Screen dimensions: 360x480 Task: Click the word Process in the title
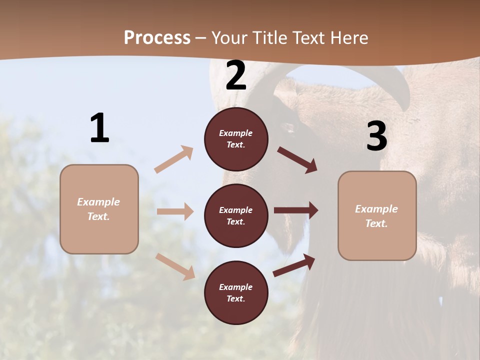157,38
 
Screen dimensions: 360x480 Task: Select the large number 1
99,128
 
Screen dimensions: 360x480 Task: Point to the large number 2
236,76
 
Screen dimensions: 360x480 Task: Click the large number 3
376,136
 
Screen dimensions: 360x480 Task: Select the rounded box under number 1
99,209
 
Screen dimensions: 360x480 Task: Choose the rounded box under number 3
377,216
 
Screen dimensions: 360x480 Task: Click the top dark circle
236,139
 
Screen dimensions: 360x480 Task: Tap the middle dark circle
236,216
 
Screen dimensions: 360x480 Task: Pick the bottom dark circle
236,293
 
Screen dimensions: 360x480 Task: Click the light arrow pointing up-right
174,159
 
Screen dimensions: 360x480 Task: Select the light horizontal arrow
175,211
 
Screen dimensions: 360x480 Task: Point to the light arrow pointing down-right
175,266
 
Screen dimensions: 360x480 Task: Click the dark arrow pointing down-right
297,159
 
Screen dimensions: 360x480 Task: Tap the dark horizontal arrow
296,210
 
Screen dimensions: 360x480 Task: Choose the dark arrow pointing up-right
294,265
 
